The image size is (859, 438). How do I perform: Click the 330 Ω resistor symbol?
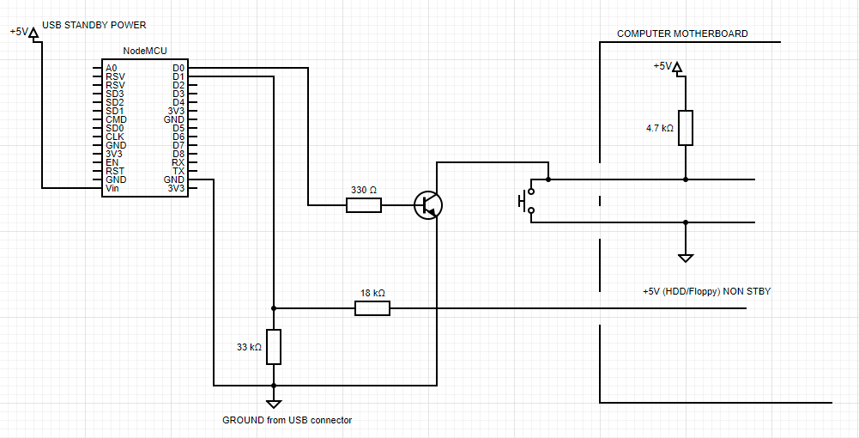[x=364, y=205]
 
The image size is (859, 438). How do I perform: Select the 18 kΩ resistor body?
[x=372, y=308]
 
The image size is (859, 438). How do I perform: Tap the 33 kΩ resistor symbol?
[x=274, y=347]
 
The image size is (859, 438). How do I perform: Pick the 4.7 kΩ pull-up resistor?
[x=686, y=128]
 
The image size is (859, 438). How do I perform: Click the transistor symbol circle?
[x=428, y=205]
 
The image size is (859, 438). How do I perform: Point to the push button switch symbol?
[x=526, y=201]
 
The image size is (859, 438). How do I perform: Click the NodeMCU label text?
[x=145, y=52]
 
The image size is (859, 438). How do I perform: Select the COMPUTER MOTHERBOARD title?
[x=682, y=34]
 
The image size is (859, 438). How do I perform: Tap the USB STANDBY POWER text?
[x=94, y=25]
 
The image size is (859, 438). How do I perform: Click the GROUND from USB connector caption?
[x=287, y=420]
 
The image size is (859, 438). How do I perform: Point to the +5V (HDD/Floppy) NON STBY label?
[x=706, y=292]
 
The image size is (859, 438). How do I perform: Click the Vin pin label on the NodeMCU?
[x=112, y=188]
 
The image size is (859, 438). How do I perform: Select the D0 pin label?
[x=178, y=68]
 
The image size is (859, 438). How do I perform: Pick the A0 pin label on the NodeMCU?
[x=112, y=68]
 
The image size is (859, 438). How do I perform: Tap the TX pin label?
[x=178, y=171]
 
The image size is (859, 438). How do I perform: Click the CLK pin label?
[x=114, y=137]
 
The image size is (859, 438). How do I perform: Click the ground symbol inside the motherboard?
[x=686, y=257]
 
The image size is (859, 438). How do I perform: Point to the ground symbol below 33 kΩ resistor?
[x=274, y=404]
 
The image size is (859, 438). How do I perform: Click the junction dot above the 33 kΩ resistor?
[x=274, y=308]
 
